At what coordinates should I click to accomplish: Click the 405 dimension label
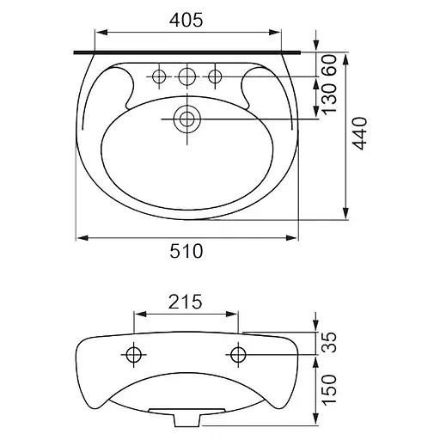(x=186, y=20)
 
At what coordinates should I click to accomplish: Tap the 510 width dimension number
(x=186, y=251)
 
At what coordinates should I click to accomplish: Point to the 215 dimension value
(x=185, y=302)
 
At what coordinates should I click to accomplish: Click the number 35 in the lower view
(x=329, y=342)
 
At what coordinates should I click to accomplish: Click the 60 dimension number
(x=329, y=65)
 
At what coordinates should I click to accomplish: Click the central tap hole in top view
(x=186, y=76)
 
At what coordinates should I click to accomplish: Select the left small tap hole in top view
(x=159, y=76)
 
